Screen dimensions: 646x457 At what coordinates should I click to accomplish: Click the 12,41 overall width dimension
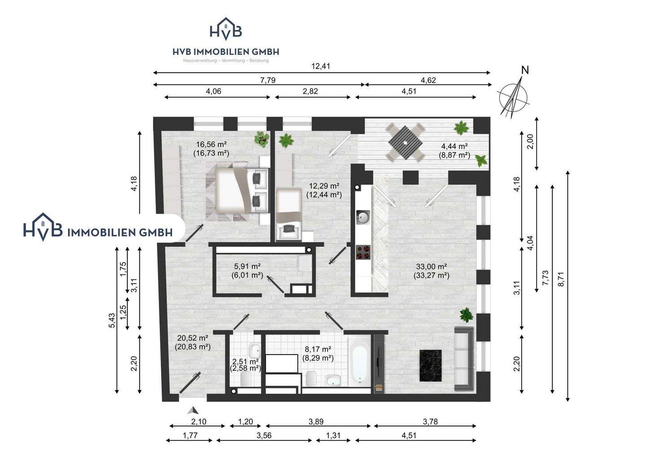321,66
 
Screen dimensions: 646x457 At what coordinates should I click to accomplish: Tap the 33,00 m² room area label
432,266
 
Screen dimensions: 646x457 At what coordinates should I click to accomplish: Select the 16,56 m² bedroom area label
211,144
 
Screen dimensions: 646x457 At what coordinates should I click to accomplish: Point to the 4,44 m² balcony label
454,146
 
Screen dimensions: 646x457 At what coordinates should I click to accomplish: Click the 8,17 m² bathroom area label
318,349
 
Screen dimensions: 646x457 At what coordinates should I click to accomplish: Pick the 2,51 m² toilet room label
245,361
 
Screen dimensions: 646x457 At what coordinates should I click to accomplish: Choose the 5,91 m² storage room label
248,266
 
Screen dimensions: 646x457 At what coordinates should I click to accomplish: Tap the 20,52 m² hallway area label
192,338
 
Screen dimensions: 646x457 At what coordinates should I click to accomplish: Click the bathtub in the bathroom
360,361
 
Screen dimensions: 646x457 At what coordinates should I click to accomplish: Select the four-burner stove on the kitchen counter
363,252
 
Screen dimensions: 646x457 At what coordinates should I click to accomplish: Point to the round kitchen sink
363,217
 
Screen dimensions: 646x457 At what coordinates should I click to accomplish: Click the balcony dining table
405,142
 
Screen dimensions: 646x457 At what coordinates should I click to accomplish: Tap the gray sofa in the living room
464,359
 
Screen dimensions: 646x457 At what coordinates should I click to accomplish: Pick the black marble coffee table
430,366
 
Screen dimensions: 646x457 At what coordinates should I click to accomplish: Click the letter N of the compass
525,70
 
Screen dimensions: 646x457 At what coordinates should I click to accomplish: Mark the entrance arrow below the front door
193,410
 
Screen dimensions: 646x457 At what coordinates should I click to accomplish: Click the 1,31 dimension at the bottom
333,435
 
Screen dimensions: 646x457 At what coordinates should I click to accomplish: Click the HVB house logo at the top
226,29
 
